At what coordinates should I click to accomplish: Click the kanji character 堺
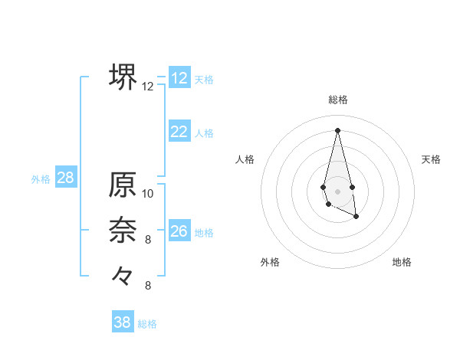(123, 77)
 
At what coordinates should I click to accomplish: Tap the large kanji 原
(123, 185)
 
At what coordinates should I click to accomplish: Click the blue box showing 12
(179, 78)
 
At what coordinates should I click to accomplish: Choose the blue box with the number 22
(179, 132)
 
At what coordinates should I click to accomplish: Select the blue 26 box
(179, 231)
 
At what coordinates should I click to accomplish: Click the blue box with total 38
(123, 322)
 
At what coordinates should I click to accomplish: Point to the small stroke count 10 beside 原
(148, 194)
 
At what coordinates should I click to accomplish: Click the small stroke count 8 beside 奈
(148, 240)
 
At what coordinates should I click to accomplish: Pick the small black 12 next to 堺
(148, 87)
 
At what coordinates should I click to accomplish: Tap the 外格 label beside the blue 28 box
(41, 179)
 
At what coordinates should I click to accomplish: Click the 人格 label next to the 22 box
(204, 133)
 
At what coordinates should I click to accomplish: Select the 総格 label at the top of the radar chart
(338, 100)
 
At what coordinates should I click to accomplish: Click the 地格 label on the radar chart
(402, 262)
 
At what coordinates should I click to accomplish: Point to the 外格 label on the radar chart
(270, 262)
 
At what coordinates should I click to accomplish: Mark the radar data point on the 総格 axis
(338, 129)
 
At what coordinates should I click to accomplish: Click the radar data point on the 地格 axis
(356, 217)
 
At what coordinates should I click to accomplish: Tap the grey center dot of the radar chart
(338, 191)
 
